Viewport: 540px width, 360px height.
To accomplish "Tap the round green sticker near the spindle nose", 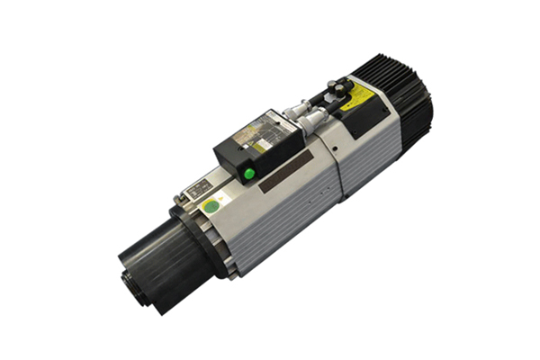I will click(210, 206).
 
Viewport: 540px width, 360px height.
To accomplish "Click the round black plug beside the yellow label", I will click(340, 88).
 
